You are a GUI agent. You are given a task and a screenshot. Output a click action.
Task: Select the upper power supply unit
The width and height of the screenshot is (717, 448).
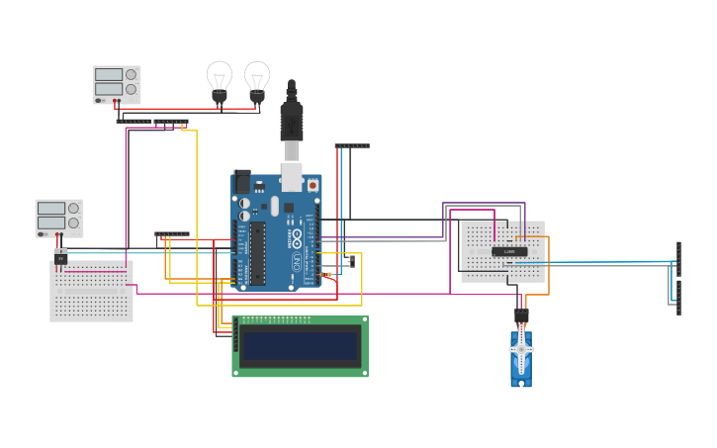pos(117,84)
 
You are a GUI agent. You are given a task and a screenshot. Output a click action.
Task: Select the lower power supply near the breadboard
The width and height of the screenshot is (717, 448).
pos(59,218)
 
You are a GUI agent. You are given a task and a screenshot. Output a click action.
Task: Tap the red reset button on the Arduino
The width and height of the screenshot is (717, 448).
pos(313,185)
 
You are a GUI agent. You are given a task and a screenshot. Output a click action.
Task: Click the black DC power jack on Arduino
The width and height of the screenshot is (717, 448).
pos(241,182)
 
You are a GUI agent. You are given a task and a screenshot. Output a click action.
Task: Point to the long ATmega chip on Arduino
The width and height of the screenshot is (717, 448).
pos(257,253)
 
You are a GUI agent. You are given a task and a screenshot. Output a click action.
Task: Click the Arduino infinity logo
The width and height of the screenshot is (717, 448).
pos(296,238)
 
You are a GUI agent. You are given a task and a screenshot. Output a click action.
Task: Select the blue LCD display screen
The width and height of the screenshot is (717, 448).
pos(301,346)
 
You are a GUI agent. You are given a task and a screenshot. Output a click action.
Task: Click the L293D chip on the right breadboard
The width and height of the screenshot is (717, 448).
pos(508,251)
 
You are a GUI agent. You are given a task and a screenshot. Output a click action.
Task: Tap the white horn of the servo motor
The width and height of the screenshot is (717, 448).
pos(521,348)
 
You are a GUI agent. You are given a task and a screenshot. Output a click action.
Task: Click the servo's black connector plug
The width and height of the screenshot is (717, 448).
pos(521,315)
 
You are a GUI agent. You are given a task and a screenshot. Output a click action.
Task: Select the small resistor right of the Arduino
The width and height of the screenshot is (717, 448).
pos(327,274)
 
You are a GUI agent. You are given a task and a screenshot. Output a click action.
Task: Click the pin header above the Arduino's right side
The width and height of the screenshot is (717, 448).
pos(351,145)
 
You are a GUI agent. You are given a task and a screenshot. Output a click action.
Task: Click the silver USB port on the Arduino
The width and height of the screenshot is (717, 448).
pos(292,177)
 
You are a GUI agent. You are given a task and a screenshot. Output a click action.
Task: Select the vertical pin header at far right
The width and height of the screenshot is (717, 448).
pos(678,277)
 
